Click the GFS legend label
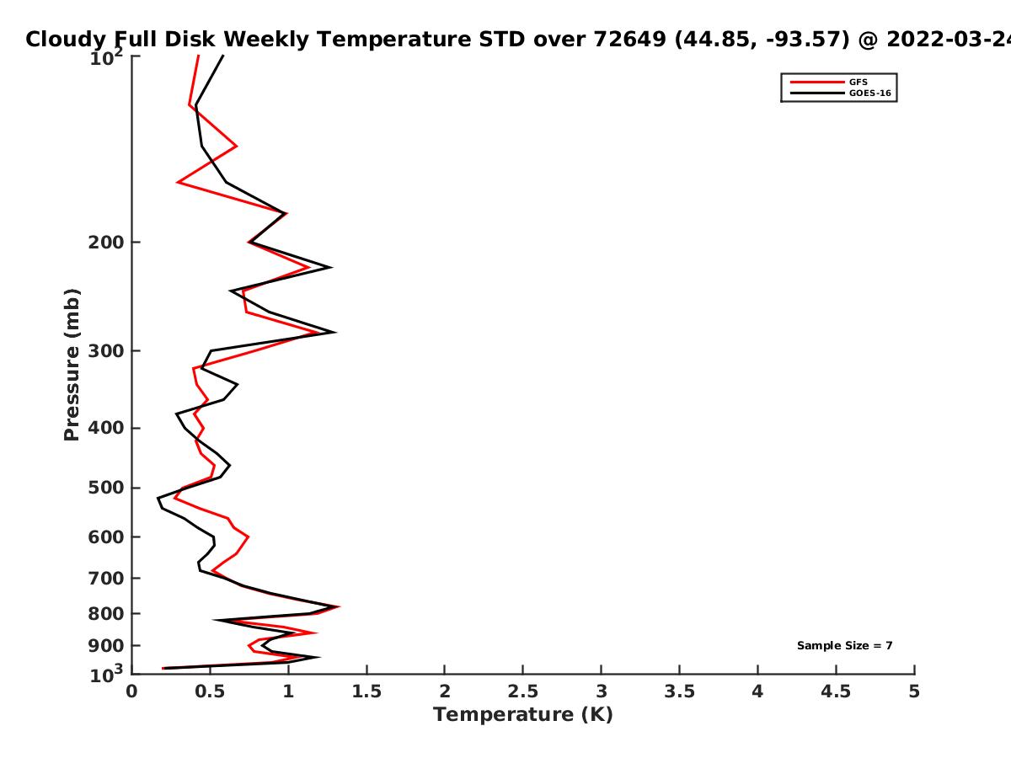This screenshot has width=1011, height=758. pyautogui.click(x=858, y=82)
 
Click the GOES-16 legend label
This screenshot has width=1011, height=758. pyautogui.click(x=870, y=93)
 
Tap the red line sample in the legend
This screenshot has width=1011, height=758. pyautogui.click(x=817, y=82)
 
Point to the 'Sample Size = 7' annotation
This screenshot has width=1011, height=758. pyautogui.click(x=845, y=645)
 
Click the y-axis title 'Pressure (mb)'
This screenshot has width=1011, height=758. pyautogui.click(x=72, y=365)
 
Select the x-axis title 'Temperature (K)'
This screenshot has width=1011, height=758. pyautogui.click(x=523, y=715)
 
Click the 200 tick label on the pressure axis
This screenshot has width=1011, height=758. pyautogui.click(x=106, y=242)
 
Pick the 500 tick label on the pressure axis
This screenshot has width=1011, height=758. pyautogui.click(x=106, y=488)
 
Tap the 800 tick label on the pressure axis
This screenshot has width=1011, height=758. pyautogui.click(x=106, y=613)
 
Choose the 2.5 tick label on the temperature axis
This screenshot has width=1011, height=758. pyautogui.click(x=523, y=691)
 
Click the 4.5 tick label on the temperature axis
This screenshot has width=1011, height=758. pyautogui.click(x=836, y=691)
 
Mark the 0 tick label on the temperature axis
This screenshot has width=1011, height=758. pyautogui.click(x=131, y=691)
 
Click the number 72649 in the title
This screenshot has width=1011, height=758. pyautogui.click(x=629, y=39)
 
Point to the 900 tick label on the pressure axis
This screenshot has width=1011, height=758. pyautogui.click(x=106, y=646)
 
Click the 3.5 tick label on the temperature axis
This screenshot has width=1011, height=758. pyautogui.click(x=679, y=691)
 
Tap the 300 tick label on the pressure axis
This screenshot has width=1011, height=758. pyautogui.click(x=106, y=350)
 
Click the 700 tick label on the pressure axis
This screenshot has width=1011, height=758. pyautogui.click(x=106, y=578)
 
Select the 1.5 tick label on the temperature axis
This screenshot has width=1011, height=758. pyautogui.click(x=366, y=691)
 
